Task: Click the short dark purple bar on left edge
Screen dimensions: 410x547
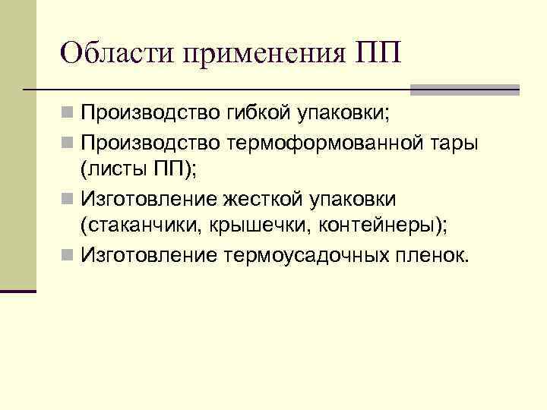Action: [18, 292]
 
